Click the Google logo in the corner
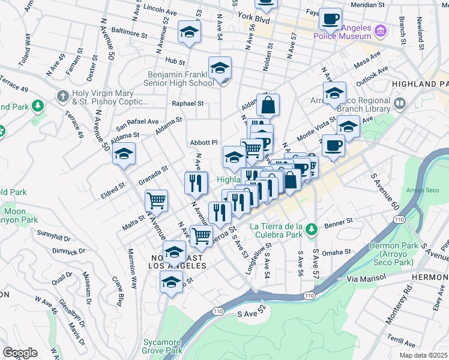20,353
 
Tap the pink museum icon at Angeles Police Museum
379,31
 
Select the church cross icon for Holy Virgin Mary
63,95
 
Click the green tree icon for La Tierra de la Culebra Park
311,229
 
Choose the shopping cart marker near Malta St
156,200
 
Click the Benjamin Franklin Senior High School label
181,79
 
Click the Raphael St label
188,103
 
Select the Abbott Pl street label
203,142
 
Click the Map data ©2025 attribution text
424,354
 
